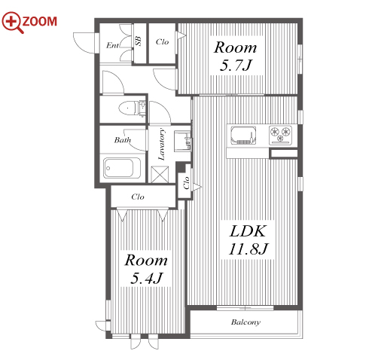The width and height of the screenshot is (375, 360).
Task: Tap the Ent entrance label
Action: (x=112, y=45)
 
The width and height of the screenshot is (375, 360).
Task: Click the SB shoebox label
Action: (x=138, y=41)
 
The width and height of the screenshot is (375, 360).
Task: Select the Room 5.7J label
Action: (x=236, y=56)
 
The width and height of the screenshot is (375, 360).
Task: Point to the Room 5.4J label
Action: (x=146, y=269)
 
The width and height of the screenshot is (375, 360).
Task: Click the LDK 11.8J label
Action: (x=248, y=240)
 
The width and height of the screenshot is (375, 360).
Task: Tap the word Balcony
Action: (x=245, y=322)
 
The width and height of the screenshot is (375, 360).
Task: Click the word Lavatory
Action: (x=162, y=144)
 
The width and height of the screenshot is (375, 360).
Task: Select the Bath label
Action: (x=123, y=140)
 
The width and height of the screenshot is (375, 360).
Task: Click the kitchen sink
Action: (x=243, y=136)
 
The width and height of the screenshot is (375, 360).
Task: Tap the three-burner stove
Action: (x=280, y=135)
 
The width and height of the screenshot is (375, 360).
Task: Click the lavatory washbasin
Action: (x=182, y=141)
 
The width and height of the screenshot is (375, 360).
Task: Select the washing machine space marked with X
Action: (x=160, y=175)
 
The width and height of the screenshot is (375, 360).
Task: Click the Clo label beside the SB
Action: (x=162, y=41)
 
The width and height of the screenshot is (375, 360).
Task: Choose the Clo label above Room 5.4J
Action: (x=138, y=197)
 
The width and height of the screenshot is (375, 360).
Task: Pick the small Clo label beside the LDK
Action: (x=186, y=183)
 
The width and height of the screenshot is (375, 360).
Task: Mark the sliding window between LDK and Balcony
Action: (x=245, y=308)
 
